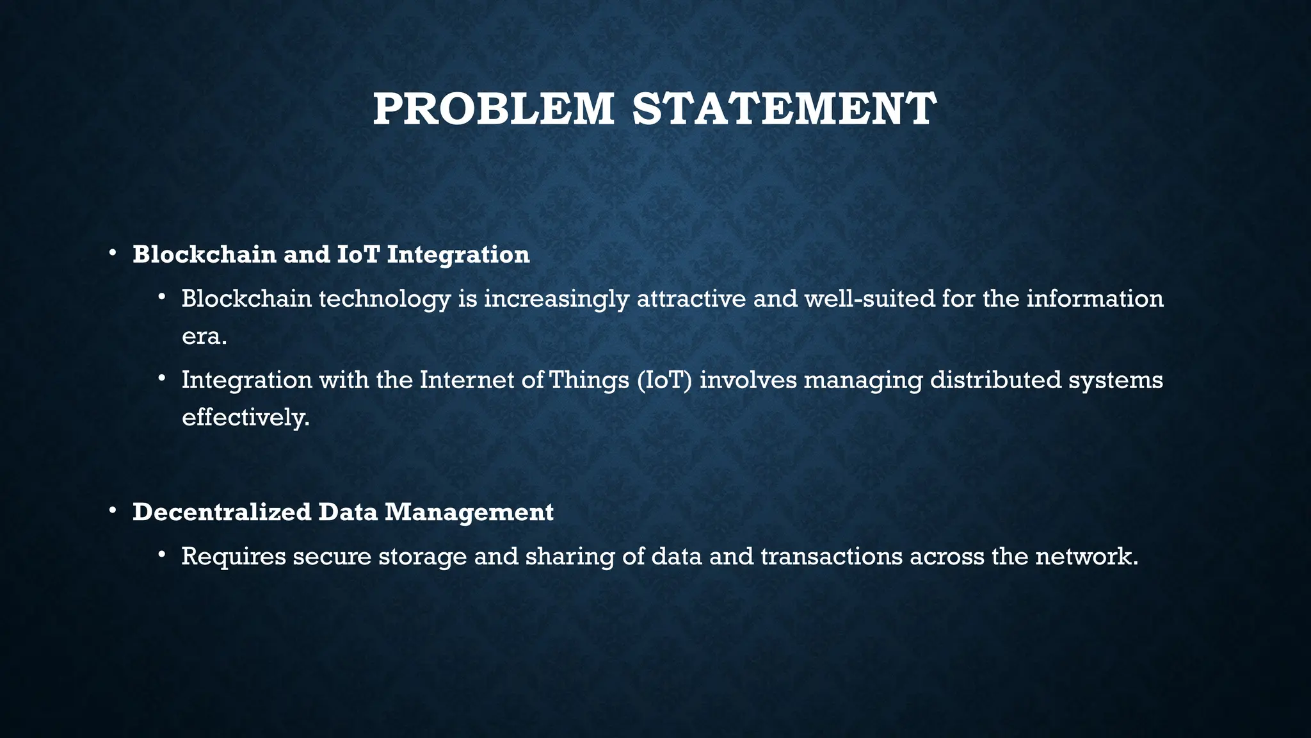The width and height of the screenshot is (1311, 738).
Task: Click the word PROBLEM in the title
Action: pyautogui.click(x=493, y=109)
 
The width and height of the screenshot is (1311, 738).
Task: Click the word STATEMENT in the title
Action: pyautogui.click(x=784, y=109)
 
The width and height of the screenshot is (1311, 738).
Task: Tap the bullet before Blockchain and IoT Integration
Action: pyautogui.click(x=112, y=254)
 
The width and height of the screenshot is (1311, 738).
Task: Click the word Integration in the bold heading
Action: pyautogui.click(x=458, y=254)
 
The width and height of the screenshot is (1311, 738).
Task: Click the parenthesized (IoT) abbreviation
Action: pyautogui.click(x=664, y=380)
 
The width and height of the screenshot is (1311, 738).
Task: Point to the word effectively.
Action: pyautogui.click(x=245, y=418)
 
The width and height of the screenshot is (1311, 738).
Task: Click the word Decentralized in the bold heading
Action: pyautogui.click(x=221, y=512)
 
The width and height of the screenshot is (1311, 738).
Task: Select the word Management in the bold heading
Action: pyautogui.click(x=469, y=512)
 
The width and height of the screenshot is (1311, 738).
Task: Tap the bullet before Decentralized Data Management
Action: pyautogui.click(x=112, y=511)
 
